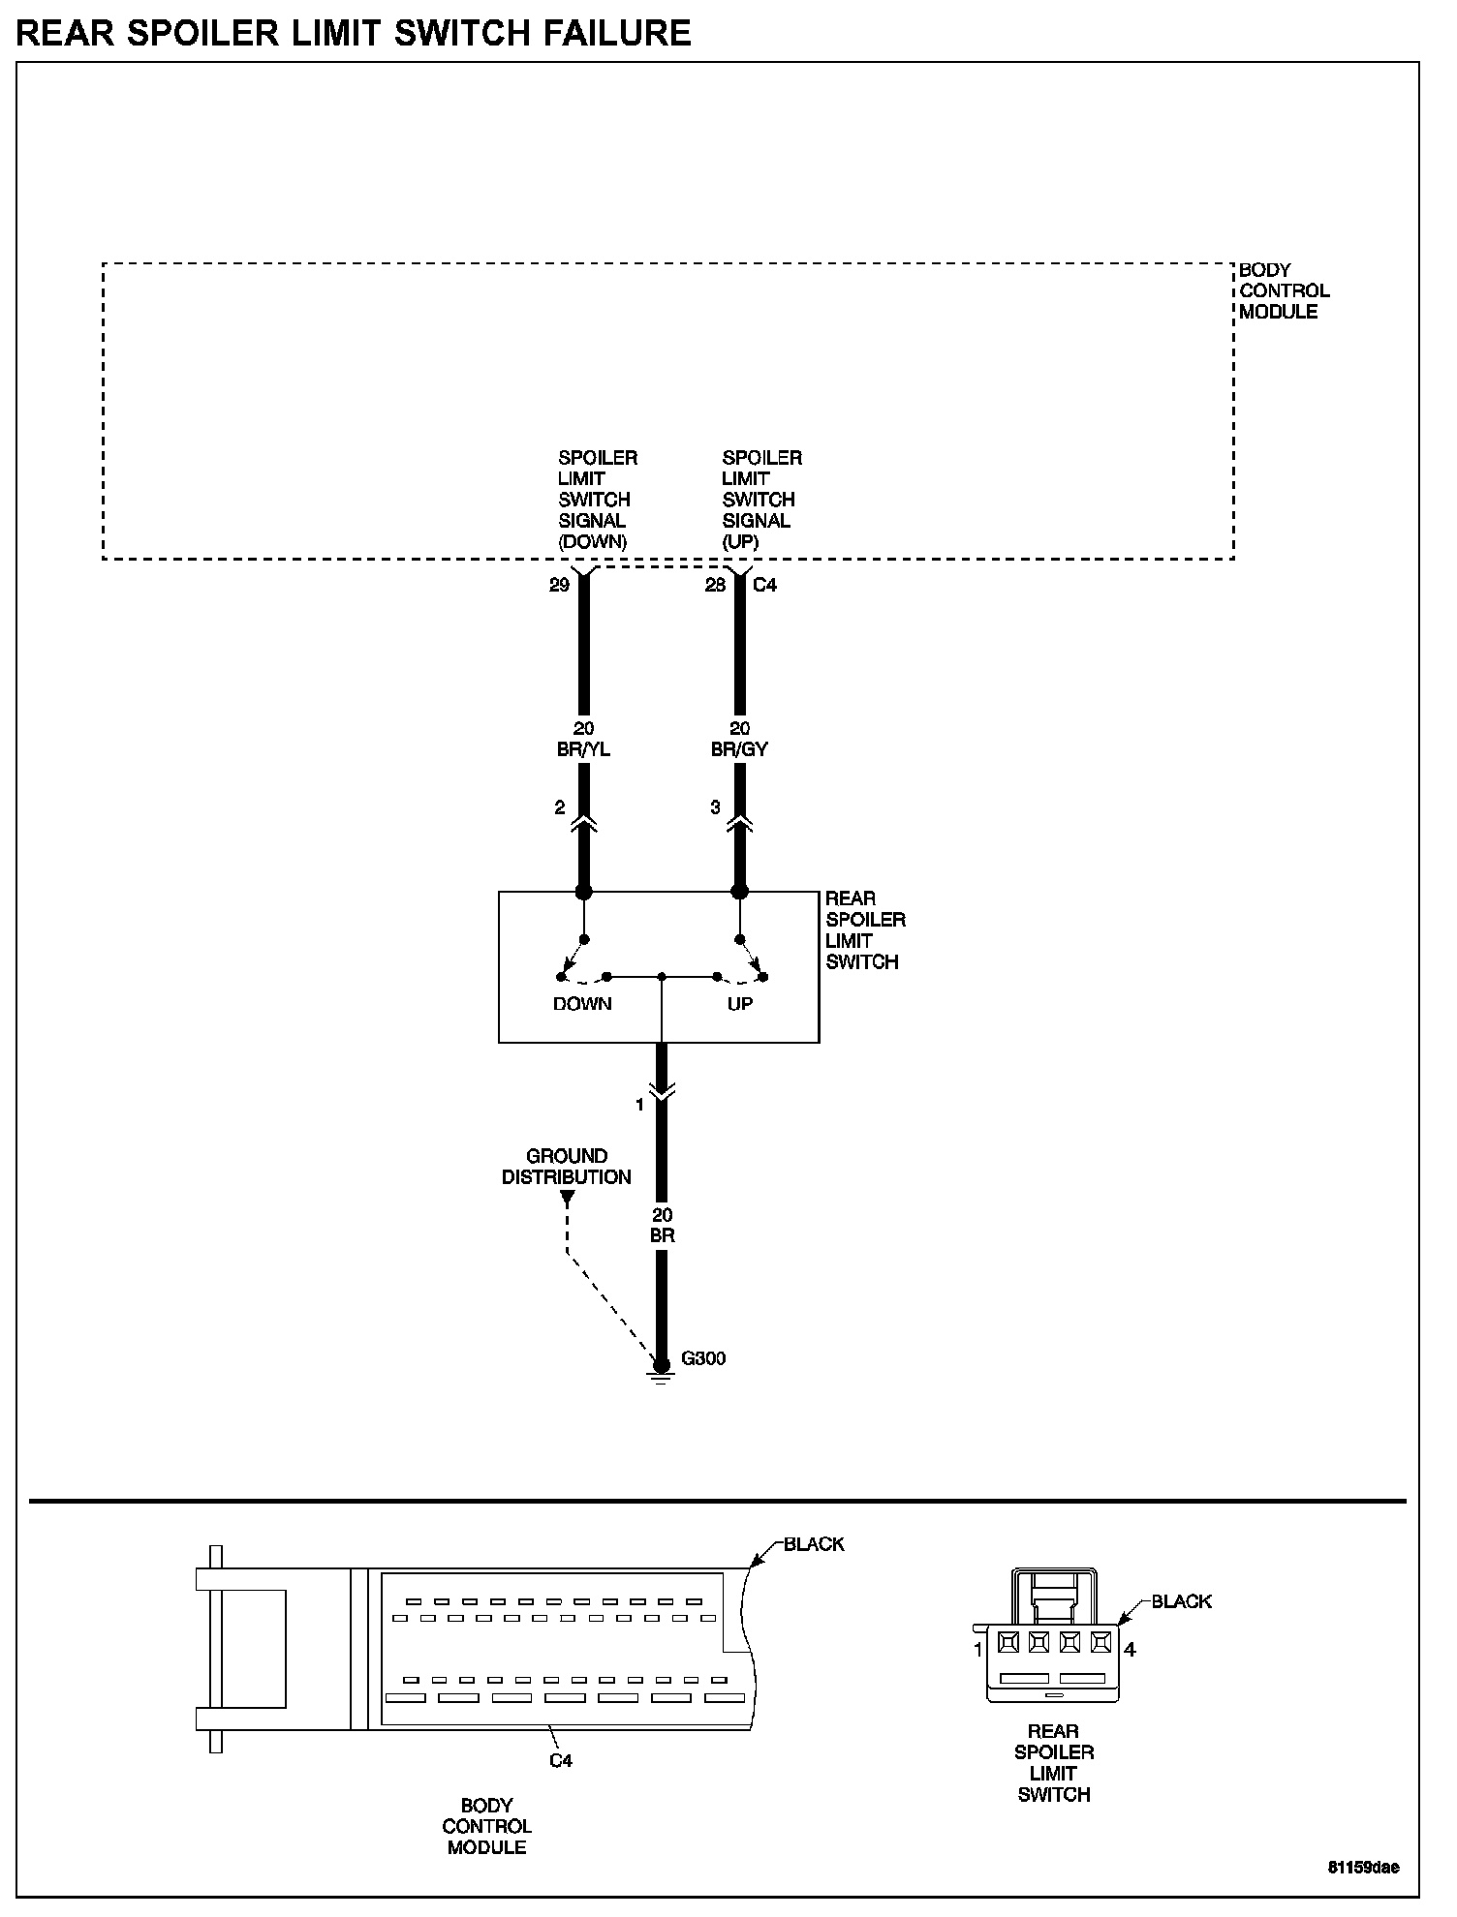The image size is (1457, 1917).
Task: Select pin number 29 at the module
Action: click(x=559, y=585)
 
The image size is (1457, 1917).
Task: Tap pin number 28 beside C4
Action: click(x=715, y=585)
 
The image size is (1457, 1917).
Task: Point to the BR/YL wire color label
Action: click(x=583, y=749)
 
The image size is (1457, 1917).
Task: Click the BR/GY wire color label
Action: click(x=739, y=749)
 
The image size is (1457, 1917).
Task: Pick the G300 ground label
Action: click(x=703, y=1358)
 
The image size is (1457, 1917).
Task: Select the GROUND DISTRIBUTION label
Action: click(x=567, y=1167)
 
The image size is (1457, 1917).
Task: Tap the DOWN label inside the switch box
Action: click(x=582, y=1004)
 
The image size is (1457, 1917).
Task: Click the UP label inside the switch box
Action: click(x=739, y=1004)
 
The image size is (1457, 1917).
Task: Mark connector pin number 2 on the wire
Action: click(x=559, y=807)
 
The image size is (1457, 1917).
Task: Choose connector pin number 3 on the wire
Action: click(x=715, y=807)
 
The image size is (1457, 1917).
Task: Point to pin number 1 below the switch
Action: click(x=639, y=1105)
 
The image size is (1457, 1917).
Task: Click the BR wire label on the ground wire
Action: click(x=663, y=1236)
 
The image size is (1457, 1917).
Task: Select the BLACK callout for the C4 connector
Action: click(x=814, y=1544)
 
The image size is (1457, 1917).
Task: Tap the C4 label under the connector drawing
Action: click(x=561, y=1760)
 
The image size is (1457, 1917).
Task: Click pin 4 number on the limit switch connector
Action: click(x=1130, y=1650)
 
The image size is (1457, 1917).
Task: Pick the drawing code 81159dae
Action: click(x=1363, y=1868)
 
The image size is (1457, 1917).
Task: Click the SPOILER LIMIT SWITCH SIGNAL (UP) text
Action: click(x=761, y=500)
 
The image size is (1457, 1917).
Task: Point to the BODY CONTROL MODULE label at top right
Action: click(x=1284, y=290)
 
